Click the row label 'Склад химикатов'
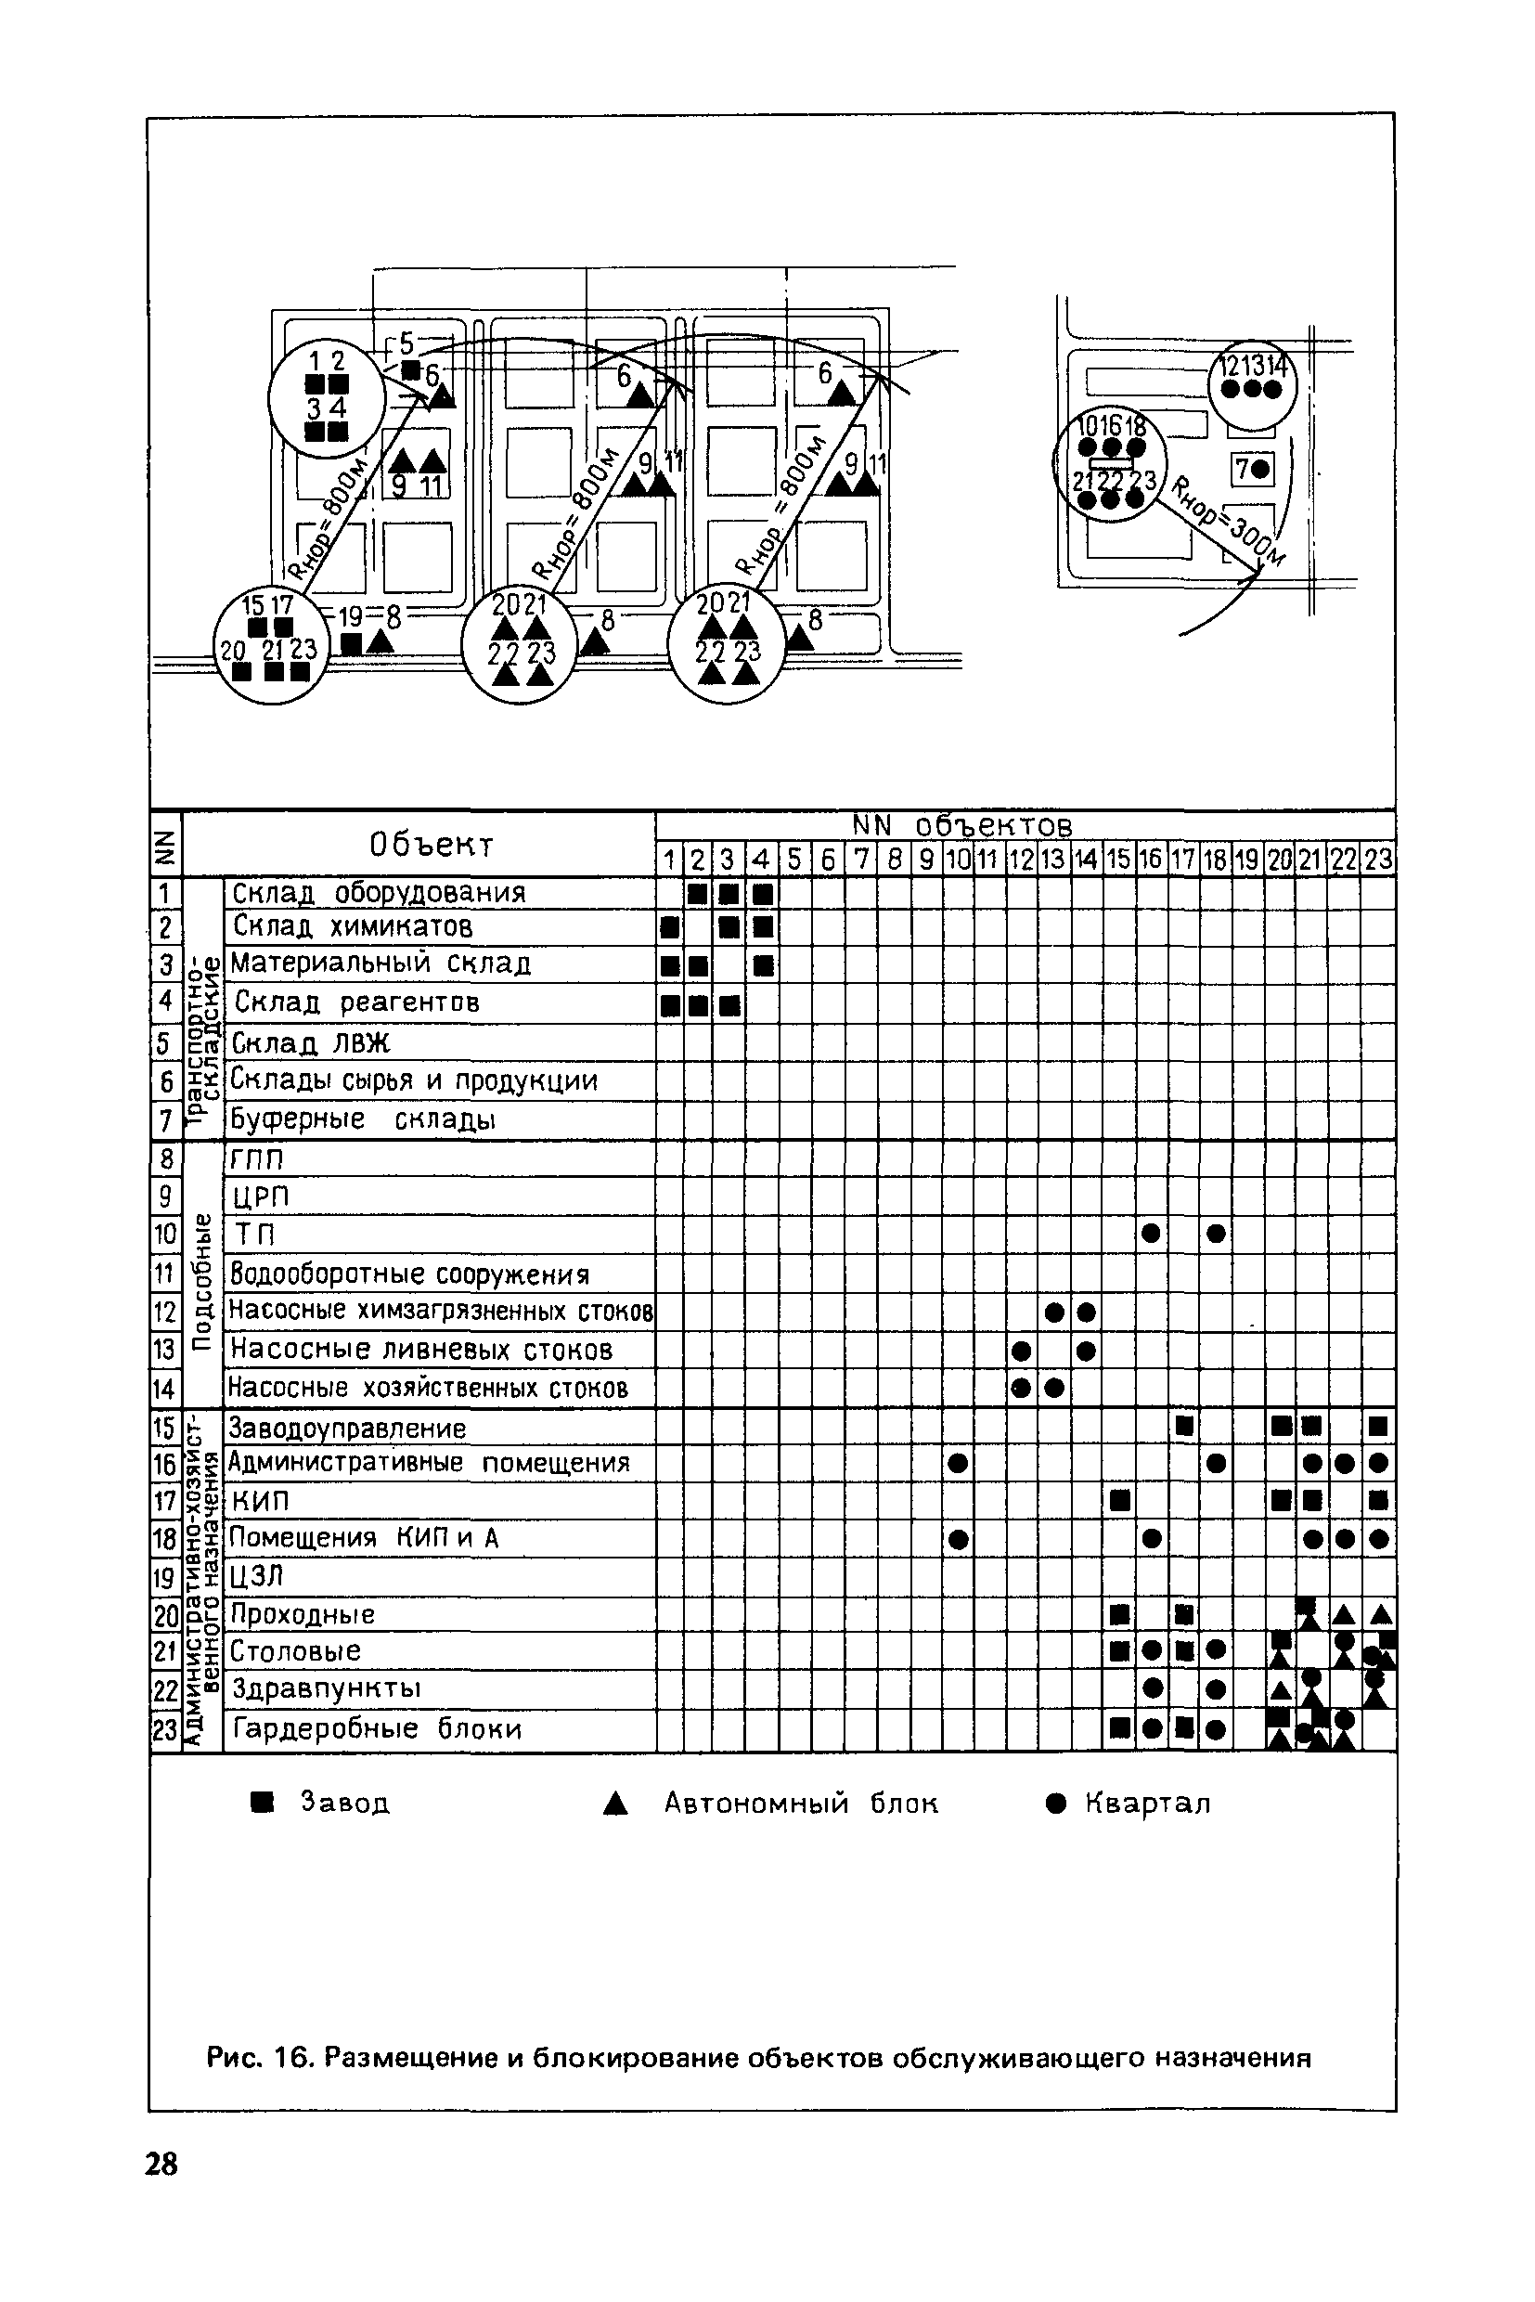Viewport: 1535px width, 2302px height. tap(353, 926)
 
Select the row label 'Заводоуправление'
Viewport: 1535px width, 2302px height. tap(346, 1428)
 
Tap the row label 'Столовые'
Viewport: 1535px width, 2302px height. tap(295, 1651)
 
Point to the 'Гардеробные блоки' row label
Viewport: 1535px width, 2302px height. tap(377, 1728)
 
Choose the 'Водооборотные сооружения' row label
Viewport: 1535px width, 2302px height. tap(409, 1274)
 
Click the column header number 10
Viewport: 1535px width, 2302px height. tap(959, 860)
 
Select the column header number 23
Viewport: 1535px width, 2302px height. tap(1377, 860)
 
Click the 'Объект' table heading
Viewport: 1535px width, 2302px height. tap(431, 844)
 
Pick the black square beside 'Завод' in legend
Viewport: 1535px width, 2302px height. tap(262, 1803)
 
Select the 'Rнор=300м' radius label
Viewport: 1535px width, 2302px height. tap(1229, 522)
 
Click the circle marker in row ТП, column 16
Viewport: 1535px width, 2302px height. tap(1151, 1234)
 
